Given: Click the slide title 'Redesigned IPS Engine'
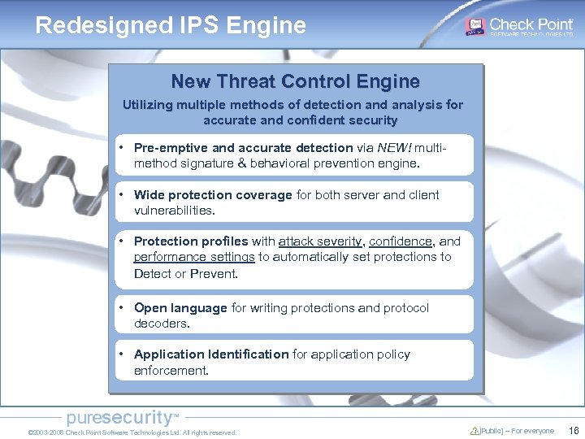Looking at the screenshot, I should click(171, 25).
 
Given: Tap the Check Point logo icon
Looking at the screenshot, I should click(475, 26).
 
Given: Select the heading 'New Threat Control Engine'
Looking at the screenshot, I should click(295, 81).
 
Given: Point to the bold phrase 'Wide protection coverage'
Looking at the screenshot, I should click(213, 195).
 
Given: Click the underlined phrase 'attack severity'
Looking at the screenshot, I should click(320, 241).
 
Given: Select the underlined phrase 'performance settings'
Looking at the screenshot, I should click(194, 257).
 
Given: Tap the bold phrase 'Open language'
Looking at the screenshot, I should click(180, 308).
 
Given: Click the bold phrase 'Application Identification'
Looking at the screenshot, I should click(211, 354).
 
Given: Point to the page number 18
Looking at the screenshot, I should click(574, 431).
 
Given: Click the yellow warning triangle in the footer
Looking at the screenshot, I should click(474, 431).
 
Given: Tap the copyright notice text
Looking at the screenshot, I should click(132, 432).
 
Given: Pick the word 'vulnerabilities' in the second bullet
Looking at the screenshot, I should click(174, 211).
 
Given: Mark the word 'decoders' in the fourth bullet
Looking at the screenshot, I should click(161, 324).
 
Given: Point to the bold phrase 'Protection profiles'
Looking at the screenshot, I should click(191, 241).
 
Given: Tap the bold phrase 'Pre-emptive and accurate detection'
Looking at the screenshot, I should click(243, 148).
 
